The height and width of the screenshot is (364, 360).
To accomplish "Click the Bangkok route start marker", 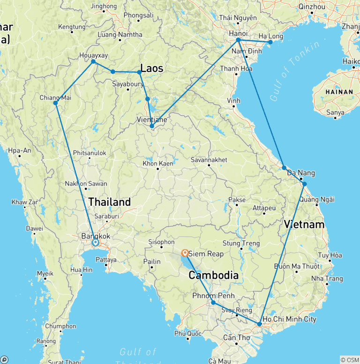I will (95, 243).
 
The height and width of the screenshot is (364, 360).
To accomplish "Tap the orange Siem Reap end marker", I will (185, 253).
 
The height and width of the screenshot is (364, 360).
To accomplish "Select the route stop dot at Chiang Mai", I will (55, 103).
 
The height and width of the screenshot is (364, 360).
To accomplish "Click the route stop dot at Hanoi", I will (238, 40).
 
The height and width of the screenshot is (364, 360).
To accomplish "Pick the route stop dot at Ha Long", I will (270, 42).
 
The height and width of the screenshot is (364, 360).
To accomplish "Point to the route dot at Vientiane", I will (151, 126).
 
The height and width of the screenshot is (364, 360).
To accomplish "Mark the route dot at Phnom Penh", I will (213, 303).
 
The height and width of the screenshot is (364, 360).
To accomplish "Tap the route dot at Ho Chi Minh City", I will (259, 324).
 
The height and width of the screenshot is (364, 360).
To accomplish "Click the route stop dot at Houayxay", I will (93, 61).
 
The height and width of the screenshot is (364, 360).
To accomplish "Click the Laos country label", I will (152, 68).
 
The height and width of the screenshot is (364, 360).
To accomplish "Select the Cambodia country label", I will (213, 275).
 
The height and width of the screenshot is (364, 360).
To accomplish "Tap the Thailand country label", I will (110, 202).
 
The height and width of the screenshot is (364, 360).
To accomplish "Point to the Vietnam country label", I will (304, 225).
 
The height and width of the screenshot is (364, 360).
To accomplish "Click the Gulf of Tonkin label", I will (295, 70).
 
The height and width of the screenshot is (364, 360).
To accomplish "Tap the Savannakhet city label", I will (209, 160).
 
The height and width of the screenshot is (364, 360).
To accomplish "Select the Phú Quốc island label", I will (187, 333).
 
